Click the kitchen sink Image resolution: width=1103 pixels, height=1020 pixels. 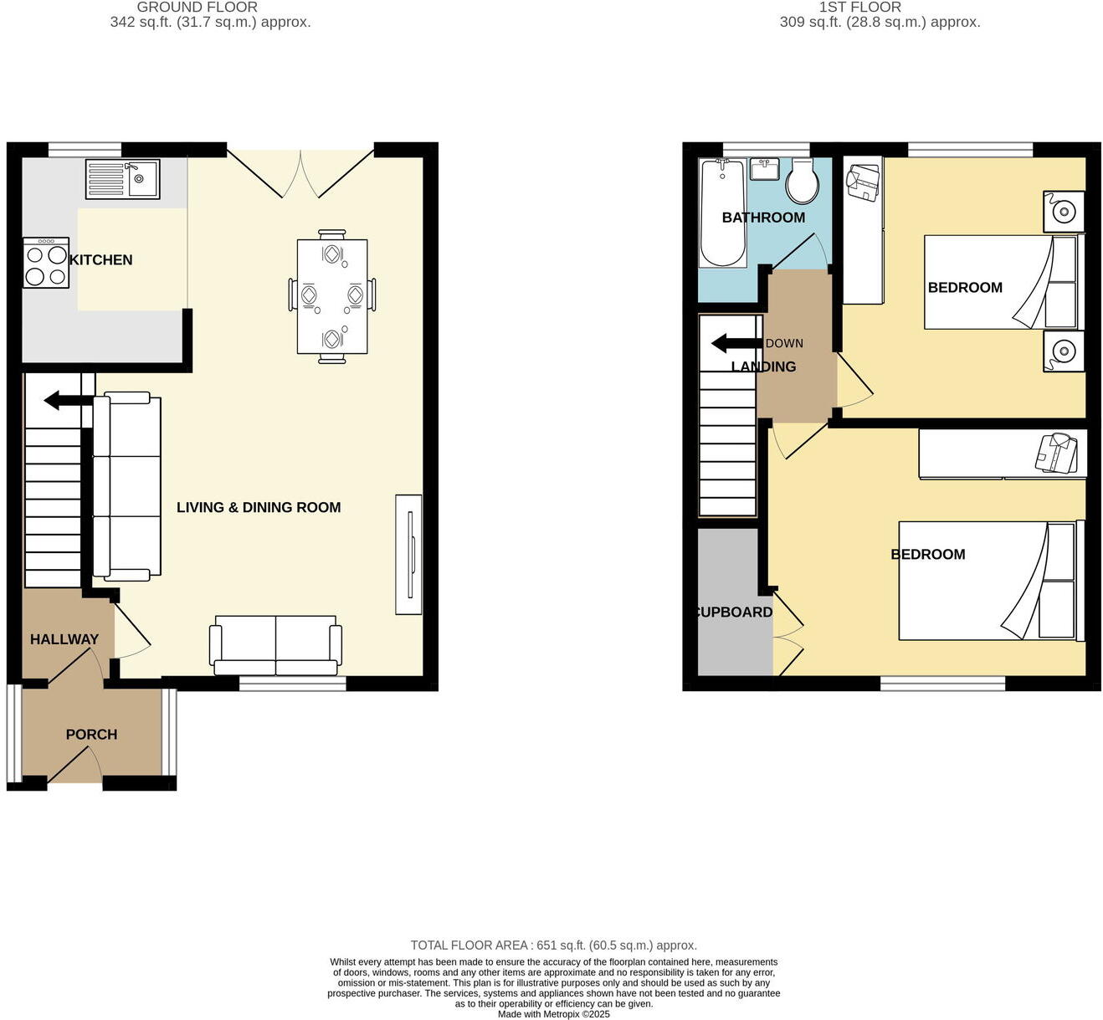[x=122, y=179]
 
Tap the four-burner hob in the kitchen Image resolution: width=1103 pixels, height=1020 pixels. [x=46, y=264]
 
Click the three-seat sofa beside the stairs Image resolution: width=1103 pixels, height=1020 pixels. [x=126, y=487]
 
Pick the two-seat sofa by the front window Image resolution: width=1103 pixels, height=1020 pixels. [x=277, y=645]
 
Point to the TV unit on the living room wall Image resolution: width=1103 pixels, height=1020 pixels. [x=408, y=555]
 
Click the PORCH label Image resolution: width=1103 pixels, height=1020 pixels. [x=91, y=735]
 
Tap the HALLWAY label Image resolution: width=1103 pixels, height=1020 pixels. [x=64, y=639]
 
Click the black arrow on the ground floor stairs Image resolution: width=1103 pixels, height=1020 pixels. [x=68, y=401]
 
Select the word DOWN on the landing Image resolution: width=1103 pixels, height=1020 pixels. [x=784, y=343]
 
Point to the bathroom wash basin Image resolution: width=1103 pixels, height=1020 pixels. [x=765, y=169]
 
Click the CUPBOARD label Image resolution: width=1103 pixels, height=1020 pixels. [x=735, y=613]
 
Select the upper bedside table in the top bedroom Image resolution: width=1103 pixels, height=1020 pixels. [x=1064, y=213]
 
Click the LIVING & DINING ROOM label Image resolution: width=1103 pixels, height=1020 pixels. [x=259, y=507]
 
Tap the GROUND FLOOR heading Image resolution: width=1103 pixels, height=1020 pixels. [x=198, y=7]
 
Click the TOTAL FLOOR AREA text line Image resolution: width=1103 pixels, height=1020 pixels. [x=553, y=946]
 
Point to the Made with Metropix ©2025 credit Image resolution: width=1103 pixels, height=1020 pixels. [x=553, y=1014]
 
